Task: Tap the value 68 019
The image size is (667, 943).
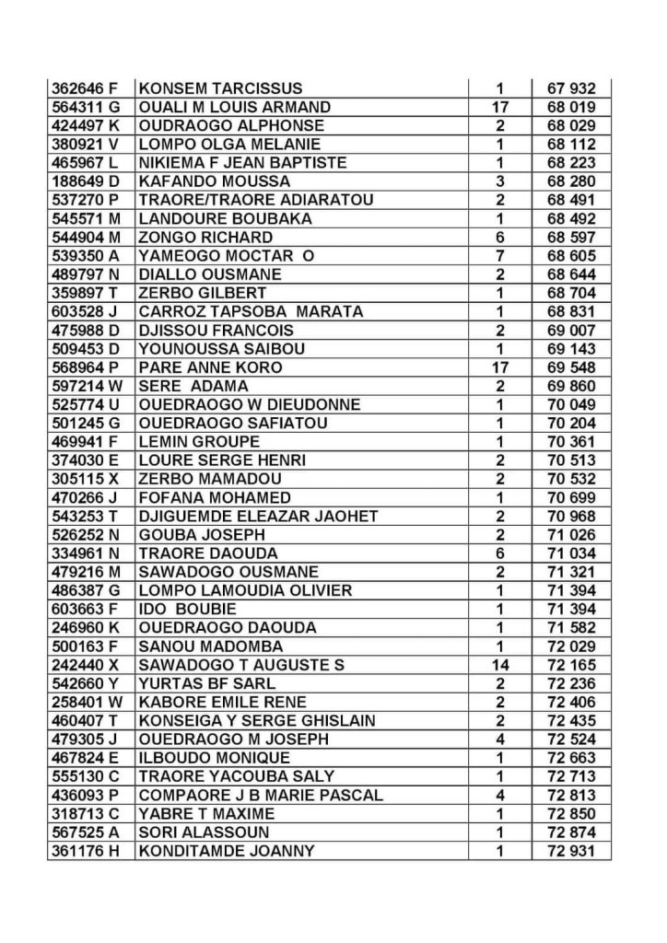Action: click(571, 107)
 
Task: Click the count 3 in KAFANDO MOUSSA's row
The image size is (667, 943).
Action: click(499, 181)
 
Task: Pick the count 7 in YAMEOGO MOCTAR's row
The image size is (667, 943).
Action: click(499, 256)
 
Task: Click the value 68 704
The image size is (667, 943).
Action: click(571, 293)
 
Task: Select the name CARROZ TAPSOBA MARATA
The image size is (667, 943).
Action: click(251, 311)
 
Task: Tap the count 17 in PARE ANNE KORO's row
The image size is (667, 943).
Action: click(499, 367)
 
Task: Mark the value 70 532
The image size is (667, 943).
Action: click(571, 479)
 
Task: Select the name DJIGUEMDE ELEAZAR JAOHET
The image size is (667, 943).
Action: click(258, 516)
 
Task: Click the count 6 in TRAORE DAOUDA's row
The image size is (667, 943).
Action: click(499, 553)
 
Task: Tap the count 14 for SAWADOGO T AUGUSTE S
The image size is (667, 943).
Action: click(499, 665)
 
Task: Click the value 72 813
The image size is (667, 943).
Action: click(571, 795)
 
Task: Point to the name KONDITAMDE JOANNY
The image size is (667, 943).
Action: click(227, 851)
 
